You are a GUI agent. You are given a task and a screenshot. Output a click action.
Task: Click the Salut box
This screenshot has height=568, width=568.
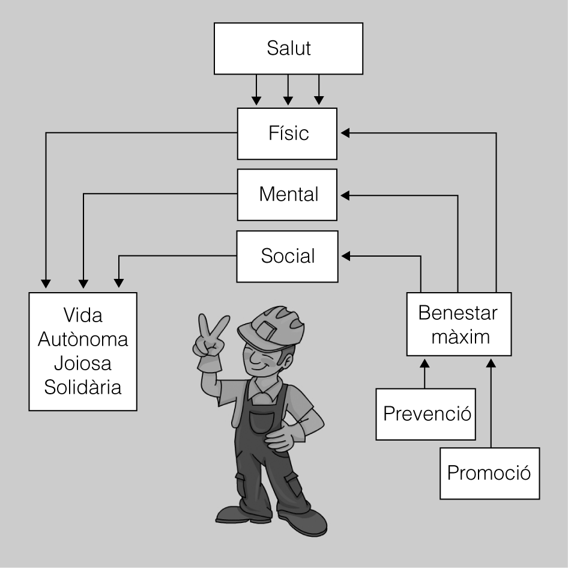click(x=288, y=49)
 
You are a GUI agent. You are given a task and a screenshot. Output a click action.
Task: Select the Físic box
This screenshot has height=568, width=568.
click(x=288, y=133)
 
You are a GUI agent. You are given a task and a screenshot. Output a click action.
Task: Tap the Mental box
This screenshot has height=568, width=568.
click(x=288, y=195)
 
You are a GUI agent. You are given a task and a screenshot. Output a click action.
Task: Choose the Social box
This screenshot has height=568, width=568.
click(x=288, y=257)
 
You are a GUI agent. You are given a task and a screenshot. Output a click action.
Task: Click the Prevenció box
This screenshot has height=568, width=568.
click(x=426, y=414)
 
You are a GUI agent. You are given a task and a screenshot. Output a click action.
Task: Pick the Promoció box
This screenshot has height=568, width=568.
click(x=489, y=473)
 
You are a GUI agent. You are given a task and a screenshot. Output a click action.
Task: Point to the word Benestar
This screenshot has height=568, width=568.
click(x=458, y=314)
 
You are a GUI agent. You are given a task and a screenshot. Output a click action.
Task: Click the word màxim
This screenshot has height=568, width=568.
click(x=458, y=337)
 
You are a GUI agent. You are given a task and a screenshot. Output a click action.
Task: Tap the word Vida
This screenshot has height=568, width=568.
click(x=83, y=315)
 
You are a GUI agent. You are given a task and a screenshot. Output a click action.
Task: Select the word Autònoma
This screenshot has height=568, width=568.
click(x=83, y=339)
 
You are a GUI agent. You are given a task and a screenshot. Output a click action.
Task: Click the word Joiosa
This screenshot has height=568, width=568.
click(x=83, y=363)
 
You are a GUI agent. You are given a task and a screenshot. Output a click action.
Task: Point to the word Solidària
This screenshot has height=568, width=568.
click(x=83, y=387)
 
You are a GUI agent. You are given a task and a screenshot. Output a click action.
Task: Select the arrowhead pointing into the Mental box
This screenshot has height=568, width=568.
click(x=345, y=195)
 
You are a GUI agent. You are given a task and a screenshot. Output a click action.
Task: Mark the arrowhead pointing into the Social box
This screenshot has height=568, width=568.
click(x=345, y=257)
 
